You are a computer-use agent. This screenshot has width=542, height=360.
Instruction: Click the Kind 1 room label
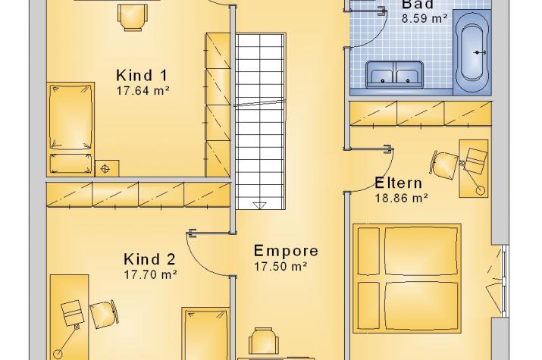[x=142, y=75]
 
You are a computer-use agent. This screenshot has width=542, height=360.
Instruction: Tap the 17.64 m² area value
[x=143, y=91]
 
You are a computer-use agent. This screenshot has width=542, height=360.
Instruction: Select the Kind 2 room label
[x=149, y=259]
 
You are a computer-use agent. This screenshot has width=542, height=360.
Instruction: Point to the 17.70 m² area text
[x=150, y=274]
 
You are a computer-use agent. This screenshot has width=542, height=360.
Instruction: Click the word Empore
[x=286, y=251]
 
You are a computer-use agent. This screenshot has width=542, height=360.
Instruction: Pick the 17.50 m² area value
[x=280, y=266]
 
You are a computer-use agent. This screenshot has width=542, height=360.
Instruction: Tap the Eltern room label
[x=398, y=183]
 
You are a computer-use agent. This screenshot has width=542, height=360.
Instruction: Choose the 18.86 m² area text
[x=401, y=198]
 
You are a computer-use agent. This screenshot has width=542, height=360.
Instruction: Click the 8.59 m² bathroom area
[x=425, y=18]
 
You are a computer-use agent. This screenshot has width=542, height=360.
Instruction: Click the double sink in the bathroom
[x=394, y=75]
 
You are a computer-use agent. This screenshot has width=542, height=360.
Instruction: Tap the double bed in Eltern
[x=407, y=278]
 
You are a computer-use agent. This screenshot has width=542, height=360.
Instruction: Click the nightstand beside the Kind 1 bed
[x=106, y=168]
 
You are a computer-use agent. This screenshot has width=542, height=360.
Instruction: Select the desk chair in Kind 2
[x=104, y=314]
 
